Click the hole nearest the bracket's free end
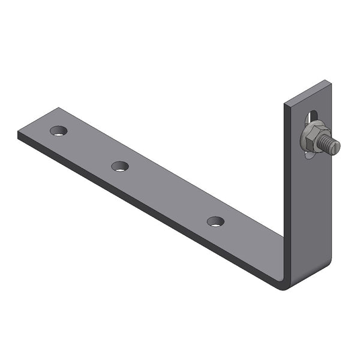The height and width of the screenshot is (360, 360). [x=59, y=130]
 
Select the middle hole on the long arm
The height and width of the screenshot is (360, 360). [x=120, y=166]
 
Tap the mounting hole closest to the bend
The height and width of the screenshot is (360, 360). [x=215, y=221]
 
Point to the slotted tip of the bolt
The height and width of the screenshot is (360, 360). [x=336, y=146]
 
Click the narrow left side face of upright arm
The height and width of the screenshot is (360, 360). [x=287, y=192]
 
